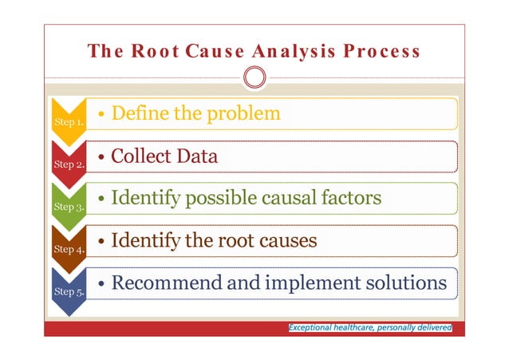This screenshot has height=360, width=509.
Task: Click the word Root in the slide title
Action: (156, 52)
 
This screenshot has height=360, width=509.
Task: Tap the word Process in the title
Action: (380, 52)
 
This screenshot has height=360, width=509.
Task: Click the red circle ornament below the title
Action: (254, 77)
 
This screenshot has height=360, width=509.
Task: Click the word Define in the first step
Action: (138, 113)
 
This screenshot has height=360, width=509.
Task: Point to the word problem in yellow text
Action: (243, 113)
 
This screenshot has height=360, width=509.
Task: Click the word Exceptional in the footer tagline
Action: (312, 327)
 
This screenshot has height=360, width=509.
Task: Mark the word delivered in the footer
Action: (432, 327)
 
